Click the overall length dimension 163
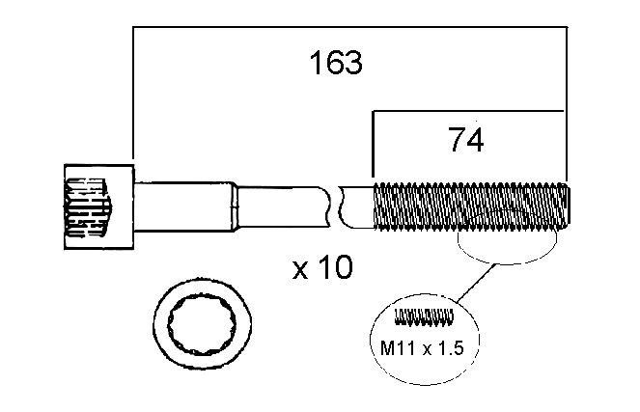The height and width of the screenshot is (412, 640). (x=336, y=63)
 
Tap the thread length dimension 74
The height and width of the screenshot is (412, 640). (x=465, y=140)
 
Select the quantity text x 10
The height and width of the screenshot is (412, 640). (x=322, y=267)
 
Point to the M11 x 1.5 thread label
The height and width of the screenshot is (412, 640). (x=422, y=348)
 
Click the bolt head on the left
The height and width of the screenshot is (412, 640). (x=99, y=206)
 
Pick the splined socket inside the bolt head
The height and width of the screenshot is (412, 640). (x=87, y=207)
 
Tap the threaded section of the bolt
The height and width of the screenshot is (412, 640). (x=471, y=206)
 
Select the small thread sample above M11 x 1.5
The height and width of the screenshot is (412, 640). (x=424, y=316)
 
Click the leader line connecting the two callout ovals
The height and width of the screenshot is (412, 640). (x=476, y=283)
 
